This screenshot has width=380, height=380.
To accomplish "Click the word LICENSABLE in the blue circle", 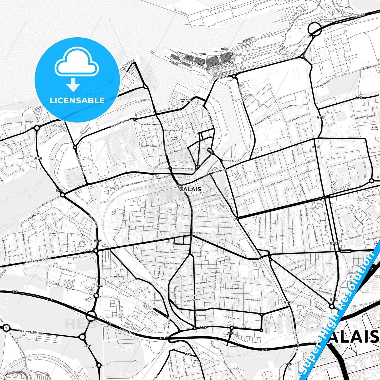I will pos(77,100).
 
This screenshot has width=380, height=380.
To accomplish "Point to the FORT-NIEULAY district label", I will pos(53,234).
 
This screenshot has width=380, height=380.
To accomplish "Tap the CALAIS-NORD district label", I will pos(174,138).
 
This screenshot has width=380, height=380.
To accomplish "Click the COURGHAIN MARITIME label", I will pos(186,100).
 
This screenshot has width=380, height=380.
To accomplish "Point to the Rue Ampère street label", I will pos(234,288).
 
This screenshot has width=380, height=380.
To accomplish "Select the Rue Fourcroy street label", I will pos(234,318).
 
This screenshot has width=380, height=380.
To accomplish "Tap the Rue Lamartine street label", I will pos(308,279).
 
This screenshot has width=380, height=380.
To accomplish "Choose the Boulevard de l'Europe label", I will pos(30,332).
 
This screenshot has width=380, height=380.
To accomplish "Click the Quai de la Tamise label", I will pos(185,169).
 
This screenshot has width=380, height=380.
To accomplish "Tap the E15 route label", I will pos(14,292).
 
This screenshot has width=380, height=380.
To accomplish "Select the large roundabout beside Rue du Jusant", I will pos(315,29).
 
